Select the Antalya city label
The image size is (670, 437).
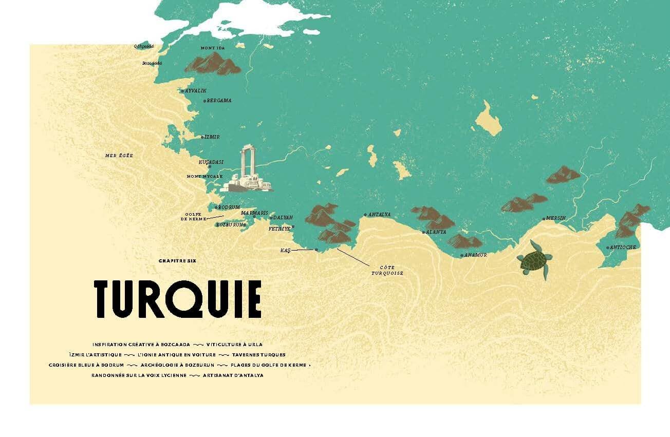click(x=380, y=215)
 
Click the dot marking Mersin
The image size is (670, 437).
click(x=544, y=219)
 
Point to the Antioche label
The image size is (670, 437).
click(x=624, y=248)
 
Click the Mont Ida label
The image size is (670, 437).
click(x=213, y=48)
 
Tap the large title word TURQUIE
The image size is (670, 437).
click(x=178, y=299)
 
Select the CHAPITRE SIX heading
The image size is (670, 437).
click(x=177, y=261)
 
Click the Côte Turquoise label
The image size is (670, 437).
click(x=387, y=270)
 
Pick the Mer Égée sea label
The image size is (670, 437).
click(x=119, y=155)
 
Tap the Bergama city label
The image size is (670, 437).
click(x=219, y=101)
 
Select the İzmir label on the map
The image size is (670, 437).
click(x=212, y=137)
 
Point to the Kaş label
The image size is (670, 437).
click(x=286, y=250)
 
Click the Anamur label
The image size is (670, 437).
click(x=475, y=255)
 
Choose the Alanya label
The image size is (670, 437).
click(x=436, y=232)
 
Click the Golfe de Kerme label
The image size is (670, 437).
click(x=193, y=217)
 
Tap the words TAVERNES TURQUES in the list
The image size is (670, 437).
click(x=258, y=355)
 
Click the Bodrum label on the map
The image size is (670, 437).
click(x=229, y=207)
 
